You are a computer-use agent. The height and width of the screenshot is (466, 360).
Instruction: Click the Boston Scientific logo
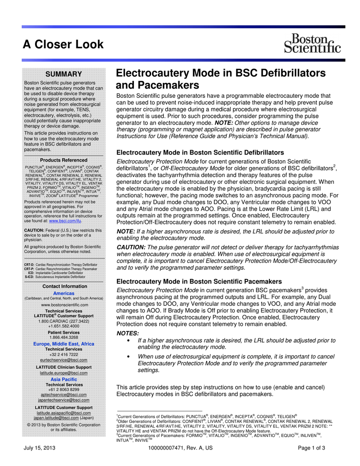312,43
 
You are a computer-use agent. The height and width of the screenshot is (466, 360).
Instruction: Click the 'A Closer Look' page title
64,44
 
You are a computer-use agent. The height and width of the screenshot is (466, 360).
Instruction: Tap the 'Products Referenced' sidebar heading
63,160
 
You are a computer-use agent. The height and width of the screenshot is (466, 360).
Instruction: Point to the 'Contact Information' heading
64,286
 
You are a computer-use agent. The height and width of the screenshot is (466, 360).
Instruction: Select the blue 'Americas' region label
64,293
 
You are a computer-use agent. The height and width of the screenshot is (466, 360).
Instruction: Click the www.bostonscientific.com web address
64,304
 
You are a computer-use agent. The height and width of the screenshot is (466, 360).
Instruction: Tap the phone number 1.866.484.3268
64,337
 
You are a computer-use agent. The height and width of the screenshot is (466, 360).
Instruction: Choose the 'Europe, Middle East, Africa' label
64,344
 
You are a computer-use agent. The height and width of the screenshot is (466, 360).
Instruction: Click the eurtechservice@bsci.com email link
64,360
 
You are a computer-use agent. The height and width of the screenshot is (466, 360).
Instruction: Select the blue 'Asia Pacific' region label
64,379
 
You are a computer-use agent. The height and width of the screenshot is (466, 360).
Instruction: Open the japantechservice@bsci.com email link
64,400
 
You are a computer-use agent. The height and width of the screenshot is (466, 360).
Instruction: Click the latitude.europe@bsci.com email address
64,373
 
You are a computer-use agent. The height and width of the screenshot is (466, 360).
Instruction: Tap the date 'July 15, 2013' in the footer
40,448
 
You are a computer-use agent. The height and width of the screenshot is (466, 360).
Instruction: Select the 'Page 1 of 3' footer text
311,448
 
